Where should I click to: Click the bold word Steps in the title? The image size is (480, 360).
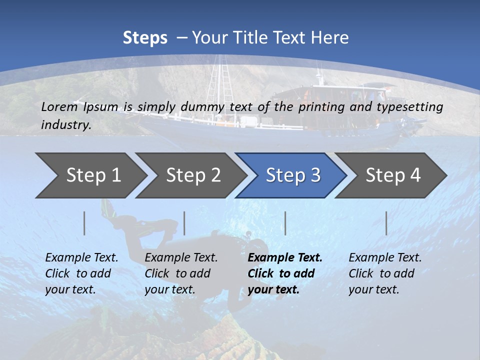click(145, 38)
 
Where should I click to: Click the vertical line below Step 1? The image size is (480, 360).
click(84, 223)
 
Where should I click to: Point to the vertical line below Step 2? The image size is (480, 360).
click(184, 223)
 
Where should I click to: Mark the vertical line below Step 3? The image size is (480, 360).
click(285, 223)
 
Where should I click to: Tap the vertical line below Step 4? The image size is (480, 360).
click(386, 223)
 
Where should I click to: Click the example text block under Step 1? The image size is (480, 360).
click(81, 273)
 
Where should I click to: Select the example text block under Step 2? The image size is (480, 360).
click(180, 273)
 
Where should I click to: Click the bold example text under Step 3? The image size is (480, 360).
click(284, 273)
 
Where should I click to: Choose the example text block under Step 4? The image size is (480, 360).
click(384, 273)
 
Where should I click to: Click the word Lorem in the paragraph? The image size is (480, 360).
click(59, 107)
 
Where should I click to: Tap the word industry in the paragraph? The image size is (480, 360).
click(65, 125)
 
